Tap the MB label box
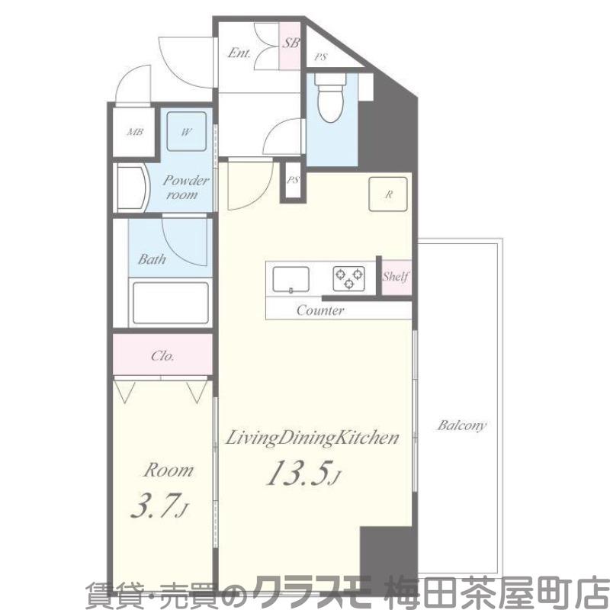pos(135,132)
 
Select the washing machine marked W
pos(186,131)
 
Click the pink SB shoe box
pos(291,44)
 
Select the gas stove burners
pos(348,278)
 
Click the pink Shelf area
pos(396,277)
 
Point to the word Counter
pos(320,310)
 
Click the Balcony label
pos(461,425)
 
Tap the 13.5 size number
pos(298,474)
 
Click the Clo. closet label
pos(162,355)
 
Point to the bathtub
pos(170,303)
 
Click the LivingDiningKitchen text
pos(312,438)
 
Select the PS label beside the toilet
pos(322,56)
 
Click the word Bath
pos(152,259)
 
